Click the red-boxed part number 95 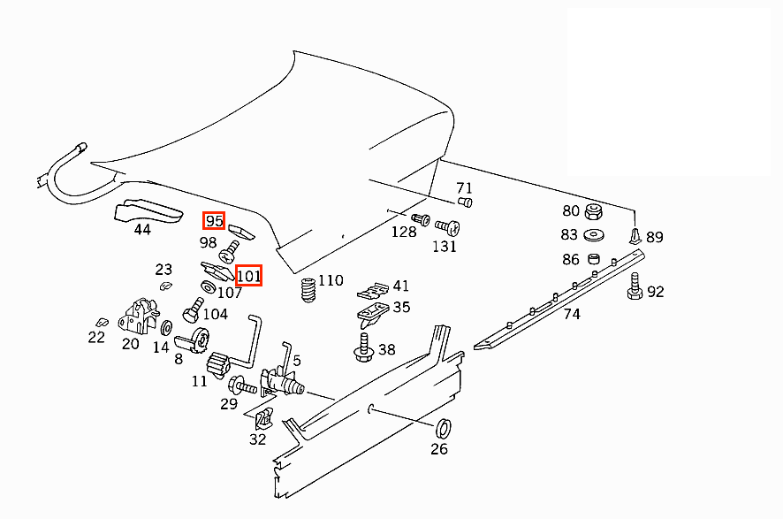214,221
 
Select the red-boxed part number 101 249,276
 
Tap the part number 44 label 141,230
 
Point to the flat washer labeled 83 594,235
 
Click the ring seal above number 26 445,429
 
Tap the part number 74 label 573,314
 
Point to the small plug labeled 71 468,203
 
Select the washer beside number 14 165,329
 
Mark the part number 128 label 404,232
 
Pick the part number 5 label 297,361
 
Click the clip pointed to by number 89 635,234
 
